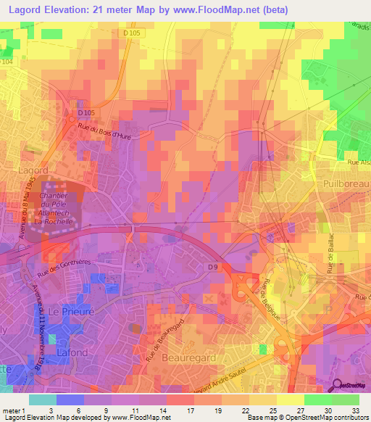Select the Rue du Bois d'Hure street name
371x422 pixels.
[106, 135]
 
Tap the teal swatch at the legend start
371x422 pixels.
[42, 399]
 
